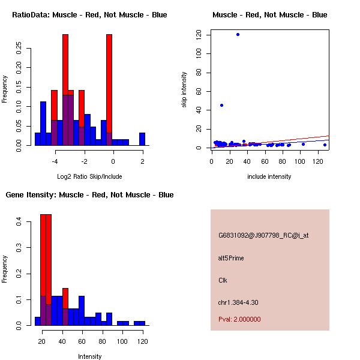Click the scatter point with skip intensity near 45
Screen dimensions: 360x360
(221, 105)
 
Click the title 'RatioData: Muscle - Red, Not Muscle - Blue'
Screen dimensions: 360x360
(89, 14)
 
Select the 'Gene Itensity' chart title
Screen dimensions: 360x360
(89, 195)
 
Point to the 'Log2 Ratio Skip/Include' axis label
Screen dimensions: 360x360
(89, 176)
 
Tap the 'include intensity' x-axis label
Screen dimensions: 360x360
(269, 176)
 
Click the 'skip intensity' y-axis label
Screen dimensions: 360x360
(185, 90)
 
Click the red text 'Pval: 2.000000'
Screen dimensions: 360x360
(239, 319)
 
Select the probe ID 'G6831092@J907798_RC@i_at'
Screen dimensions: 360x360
(263, 236)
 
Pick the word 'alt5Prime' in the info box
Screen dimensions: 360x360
(231, 258)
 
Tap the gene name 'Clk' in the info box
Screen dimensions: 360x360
(223, 280)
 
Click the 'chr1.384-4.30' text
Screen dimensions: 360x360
(238, 302)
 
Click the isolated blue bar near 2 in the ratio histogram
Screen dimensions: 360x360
(142, 139)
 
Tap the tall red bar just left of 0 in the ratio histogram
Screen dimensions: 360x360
(109, 90)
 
